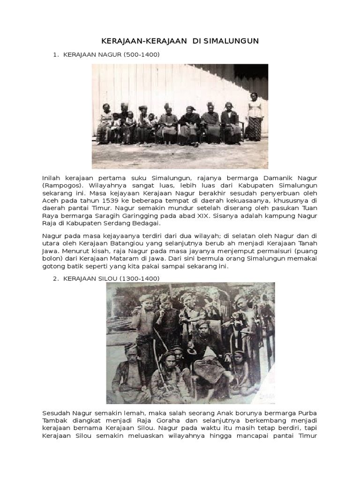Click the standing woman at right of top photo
coord(254,117)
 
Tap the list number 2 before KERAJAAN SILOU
coord(55,278)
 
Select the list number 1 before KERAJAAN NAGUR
coord(55,55)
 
